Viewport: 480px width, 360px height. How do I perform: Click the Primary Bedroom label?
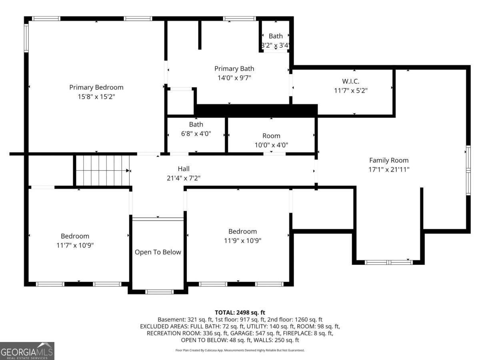[96, 87]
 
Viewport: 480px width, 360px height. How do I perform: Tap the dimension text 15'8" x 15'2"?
[96, 97]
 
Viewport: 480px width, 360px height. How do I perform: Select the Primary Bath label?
[234, 68]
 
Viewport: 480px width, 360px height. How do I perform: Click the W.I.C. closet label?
[350, 81]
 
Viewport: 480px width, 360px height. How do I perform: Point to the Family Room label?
[388, 160]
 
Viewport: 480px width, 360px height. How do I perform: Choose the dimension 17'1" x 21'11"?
[388, 169]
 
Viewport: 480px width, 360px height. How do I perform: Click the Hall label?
[184, 169]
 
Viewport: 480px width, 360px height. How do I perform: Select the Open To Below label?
[158, 252]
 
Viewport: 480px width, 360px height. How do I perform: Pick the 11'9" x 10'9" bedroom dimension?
[242, 241]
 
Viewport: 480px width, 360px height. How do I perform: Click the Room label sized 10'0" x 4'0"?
[271, 136]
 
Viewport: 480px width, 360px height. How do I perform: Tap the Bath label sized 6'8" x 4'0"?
[196, 124]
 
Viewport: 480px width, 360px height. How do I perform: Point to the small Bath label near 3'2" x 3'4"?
[275, 36]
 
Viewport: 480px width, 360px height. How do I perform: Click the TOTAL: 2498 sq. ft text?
[240, 312]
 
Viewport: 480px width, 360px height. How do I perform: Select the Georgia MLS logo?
[27, 351]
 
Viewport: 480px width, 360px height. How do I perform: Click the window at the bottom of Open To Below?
[159, 292]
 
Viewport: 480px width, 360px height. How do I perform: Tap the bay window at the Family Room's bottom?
[388, 262]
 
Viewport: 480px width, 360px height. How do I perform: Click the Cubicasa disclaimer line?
[240, 350]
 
